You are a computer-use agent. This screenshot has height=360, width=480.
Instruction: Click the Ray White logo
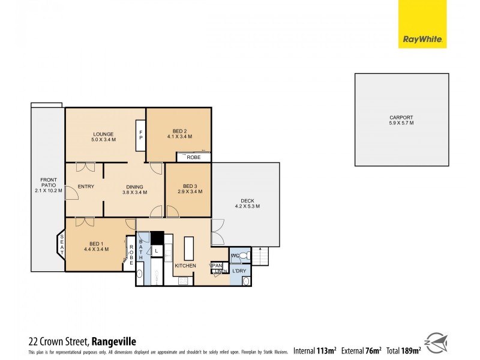pos(422,32)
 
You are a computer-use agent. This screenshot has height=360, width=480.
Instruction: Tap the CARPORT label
pos(401,120)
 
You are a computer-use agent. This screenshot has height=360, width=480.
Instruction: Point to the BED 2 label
pos(179,133)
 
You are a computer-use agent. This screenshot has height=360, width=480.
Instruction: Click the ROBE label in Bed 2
pos(193,157)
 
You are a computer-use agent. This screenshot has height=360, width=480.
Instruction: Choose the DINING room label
pos(134,189)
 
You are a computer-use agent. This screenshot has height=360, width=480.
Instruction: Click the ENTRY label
pos(86,187)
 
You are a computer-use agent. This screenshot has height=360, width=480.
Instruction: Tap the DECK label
pos(247,203)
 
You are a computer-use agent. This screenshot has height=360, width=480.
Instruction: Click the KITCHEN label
pos(185,265)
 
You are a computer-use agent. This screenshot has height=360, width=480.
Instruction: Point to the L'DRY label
pos(239,271)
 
